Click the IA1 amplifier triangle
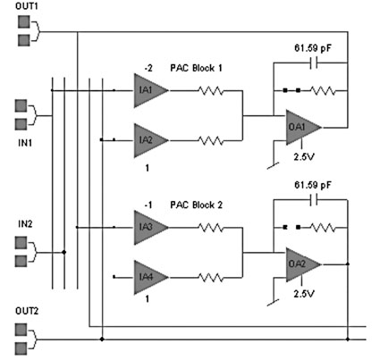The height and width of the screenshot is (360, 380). coord(149,90)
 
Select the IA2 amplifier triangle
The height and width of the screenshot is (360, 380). coord(149,140)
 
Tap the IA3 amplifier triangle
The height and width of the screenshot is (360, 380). coord(149,228)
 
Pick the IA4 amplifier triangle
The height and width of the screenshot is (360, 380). coord(149,277)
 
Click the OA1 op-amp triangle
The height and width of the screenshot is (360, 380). coord(301,128)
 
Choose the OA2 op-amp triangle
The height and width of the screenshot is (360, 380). coord(301,264)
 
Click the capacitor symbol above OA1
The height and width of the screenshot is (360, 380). coord(314,63)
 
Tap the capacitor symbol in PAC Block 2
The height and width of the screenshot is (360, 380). coord(314,200)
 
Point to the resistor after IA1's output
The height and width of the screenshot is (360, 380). coord(211,90)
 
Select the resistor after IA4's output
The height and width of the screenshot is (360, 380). coord(211,278)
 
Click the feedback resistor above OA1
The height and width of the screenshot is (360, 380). coord(323,90)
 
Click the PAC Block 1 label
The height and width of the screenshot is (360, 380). coord(196,68)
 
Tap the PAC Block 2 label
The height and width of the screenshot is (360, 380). coord(196,205)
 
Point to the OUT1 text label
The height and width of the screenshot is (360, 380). coord(27,6)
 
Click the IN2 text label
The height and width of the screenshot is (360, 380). coord(25,223)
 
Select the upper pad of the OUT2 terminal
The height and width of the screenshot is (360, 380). coord(21,330)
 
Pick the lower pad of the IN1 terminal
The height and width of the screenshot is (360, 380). coord(21,124)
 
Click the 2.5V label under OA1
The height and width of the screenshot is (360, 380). coord(304,156)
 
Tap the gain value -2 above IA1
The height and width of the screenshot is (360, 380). coord(148,68)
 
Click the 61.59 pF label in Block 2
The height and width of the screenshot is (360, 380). coord(313,185)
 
